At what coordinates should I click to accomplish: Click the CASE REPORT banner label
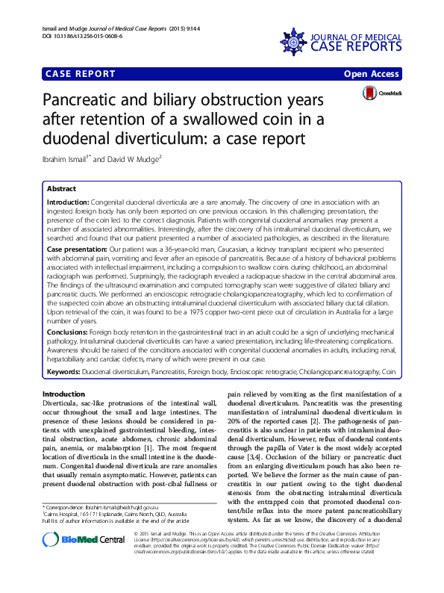click(x=81, y=74)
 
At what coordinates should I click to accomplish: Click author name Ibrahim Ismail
click(x=65, y=159)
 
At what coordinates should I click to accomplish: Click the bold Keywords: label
click(x=63, y=371)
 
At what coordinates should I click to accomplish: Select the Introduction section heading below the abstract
click(x=64, y=394)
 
